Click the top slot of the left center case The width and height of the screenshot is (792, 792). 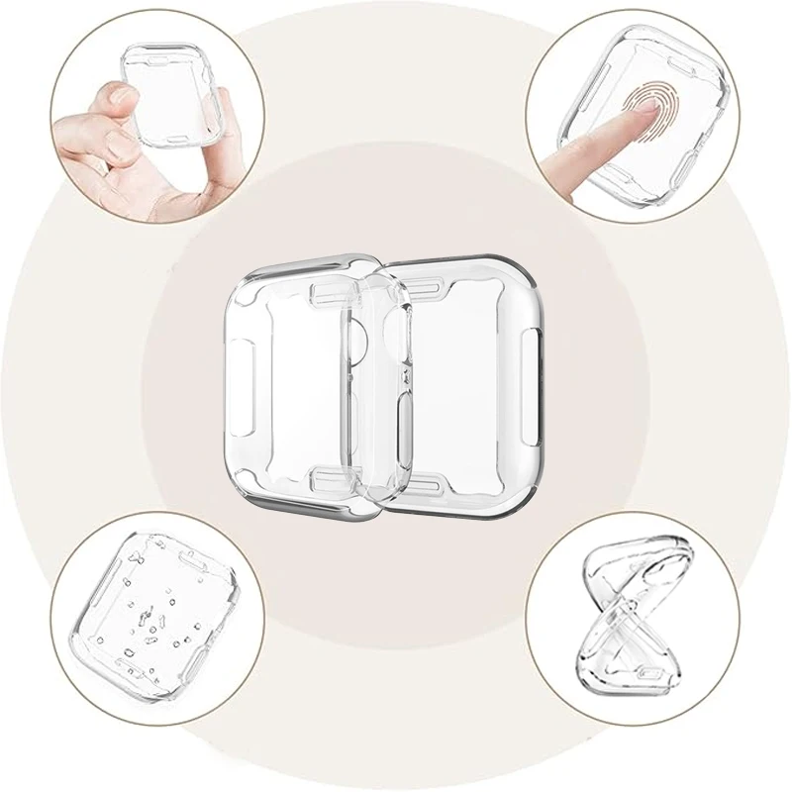click(x=326, y=293)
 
